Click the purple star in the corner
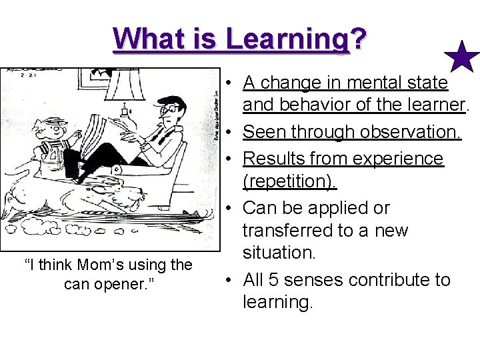coord(461,57)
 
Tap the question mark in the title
coord(357,38)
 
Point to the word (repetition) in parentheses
coord(290,181)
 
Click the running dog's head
coord(133,194)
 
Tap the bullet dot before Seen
coord(228,132)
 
